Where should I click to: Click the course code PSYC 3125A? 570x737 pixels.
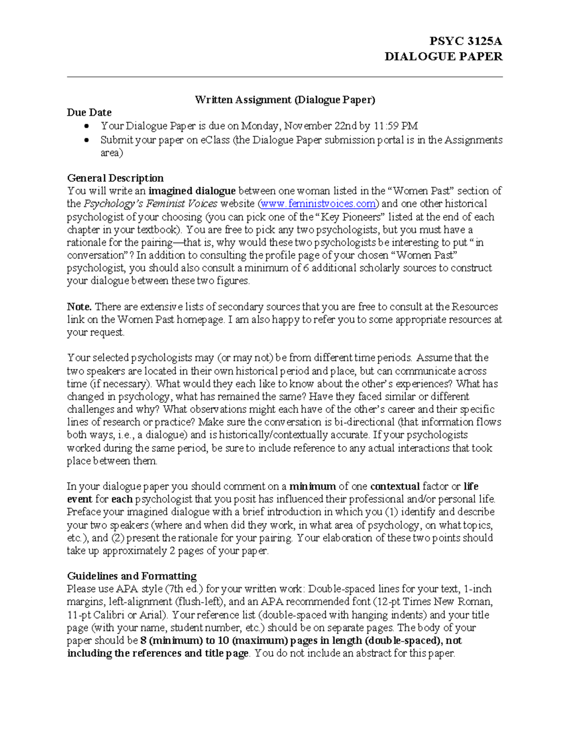465,41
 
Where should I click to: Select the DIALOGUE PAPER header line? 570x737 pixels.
443,56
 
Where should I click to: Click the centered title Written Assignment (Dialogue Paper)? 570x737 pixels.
285,100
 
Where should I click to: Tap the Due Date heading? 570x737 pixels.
89,112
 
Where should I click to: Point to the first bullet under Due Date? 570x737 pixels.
86,126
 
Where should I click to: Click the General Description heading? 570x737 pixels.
115,178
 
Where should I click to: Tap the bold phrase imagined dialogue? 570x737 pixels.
192,191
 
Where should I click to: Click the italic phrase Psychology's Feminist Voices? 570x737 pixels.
151,204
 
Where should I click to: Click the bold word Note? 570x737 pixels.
79,307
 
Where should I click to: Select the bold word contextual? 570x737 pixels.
395,486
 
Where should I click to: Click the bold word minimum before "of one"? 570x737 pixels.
313,486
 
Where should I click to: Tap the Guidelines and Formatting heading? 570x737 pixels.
132,576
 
